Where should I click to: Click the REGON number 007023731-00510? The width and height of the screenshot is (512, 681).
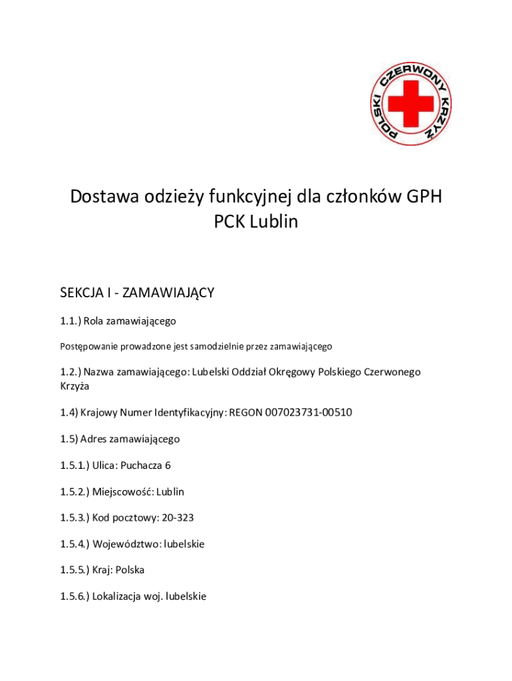[x=309, y=413]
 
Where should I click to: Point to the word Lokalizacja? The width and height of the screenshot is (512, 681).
[x=122, y=597]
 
